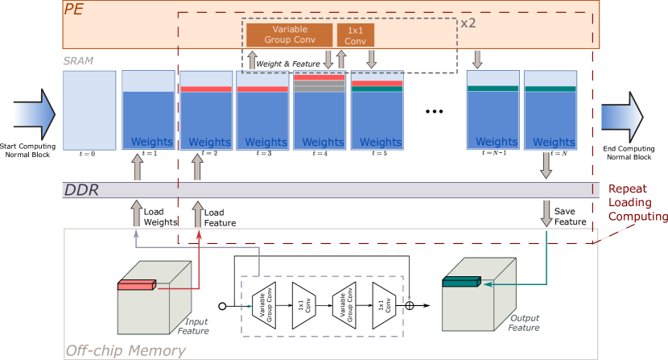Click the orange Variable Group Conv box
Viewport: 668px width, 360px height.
(x=289, y=35)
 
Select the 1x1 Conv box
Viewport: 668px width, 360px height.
(x=355, y=35)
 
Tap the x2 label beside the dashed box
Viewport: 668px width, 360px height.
(x=468, y=23)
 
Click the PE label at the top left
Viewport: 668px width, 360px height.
(x=74, y=10)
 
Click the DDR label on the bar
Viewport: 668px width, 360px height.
(x=81, y=190)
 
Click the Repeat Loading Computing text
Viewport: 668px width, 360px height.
(x=635, y=202)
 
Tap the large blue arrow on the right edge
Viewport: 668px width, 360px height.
(x=622, y=116)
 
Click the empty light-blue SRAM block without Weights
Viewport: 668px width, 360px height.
(x=89, y=110)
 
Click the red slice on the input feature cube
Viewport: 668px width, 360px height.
(x=136, y=284)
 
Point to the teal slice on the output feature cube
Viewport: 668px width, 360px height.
(x=460, y=282)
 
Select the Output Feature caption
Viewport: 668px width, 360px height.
(x=523, y=323)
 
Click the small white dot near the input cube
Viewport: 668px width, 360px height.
(x=222, y=306)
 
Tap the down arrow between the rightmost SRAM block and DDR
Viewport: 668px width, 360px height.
(x=546, y=164)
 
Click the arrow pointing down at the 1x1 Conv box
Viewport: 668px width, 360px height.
(x=371, y=59)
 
